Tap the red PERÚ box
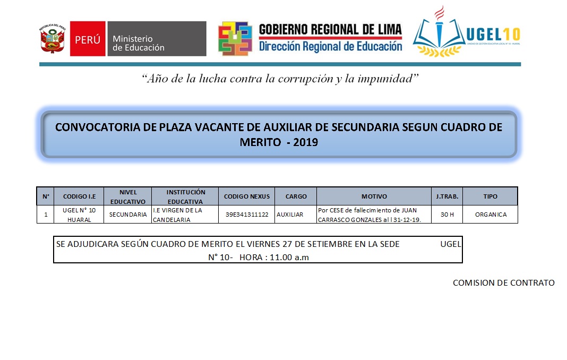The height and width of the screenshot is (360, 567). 88,39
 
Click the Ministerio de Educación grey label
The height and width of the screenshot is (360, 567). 157,39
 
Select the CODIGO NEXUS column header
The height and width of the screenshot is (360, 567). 246,196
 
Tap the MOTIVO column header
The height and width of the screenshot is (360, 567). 374,196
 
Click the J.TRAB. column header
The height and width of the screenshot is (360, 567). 447,196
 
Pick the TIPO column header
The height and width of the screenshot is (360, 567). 491,196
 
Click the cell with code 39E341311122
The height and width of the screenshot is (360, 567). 247,215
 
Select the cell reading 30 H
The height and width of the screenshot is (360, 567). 447,215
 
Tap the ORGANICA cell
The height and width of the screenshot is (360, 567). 491,215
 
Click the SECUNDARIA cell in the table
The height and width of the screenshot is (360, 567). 127,215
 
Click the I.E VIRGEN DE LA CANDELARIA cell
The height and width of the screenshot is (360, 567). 184,215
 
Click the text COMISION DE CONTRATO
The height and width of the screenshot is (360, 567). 503,283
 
